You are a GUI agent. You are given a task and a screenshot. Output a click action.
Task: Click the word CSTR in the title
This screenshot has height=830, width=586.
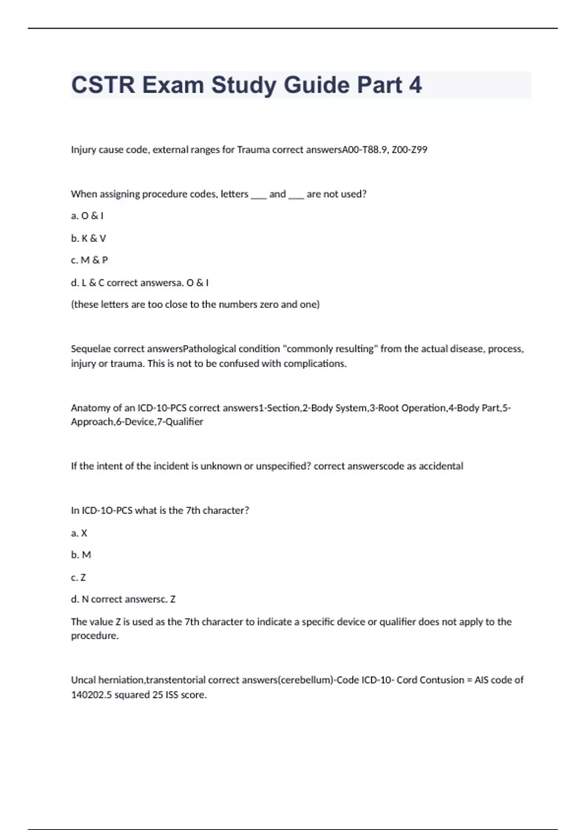103,85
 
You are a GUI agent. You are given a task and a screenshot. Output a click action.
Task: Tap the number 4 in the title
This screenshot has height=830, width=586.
415,85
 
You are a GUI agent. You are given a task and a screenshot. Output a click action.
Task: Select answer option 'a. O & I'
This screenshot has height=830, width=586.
87,216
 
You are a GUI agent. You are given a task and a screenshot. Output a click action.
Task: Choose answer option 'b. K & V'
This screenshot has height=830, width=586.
88,238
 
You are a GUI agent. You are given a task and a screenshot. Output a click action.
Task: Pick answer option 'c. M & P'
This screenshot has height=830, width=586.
89,260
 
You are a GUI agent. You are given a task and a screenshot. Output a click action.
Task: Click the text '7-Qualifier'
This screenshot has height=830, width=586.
179,422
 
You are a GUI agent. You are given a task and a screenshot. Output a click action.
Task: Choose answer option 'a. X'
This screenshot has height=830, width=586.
79,533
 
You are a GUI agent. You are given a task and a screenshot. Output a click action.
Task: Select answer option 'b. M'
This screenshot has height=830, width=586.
81,555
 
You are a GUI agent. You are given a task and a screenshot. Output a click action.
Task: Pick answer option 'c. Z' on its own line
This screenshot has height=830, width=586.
78,578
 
